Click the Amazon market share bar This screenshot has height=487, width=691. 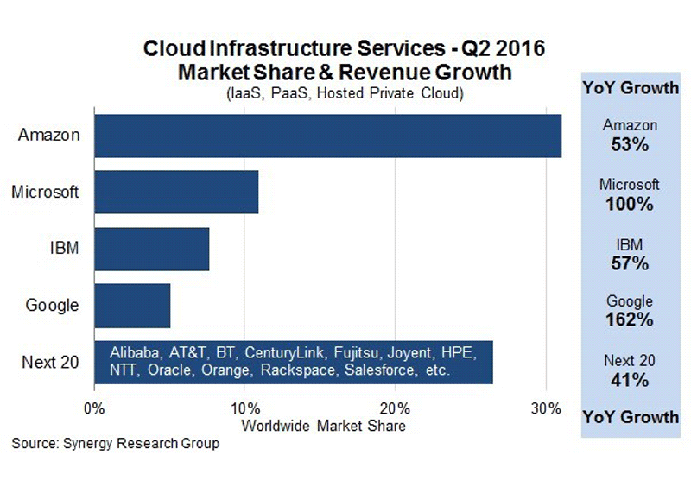coord(328,136)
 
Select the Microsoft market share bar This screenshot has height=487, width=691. coord(176,192)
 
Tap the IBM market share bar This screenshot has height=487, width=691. coord(152,249)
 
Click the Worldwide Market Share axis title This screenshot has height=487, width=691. coord(324,426)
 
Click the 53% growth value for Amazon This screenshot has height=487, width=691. coord(630,145)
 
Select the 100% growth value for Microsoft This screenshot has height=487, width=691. coord(630,205)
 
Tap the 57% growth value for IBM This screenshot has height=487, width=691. coord(630,263)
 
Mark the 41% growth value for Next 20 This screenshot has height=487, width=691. coord(630,380)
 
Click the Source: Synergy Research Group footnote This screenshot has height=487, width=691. coord(116,445)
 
